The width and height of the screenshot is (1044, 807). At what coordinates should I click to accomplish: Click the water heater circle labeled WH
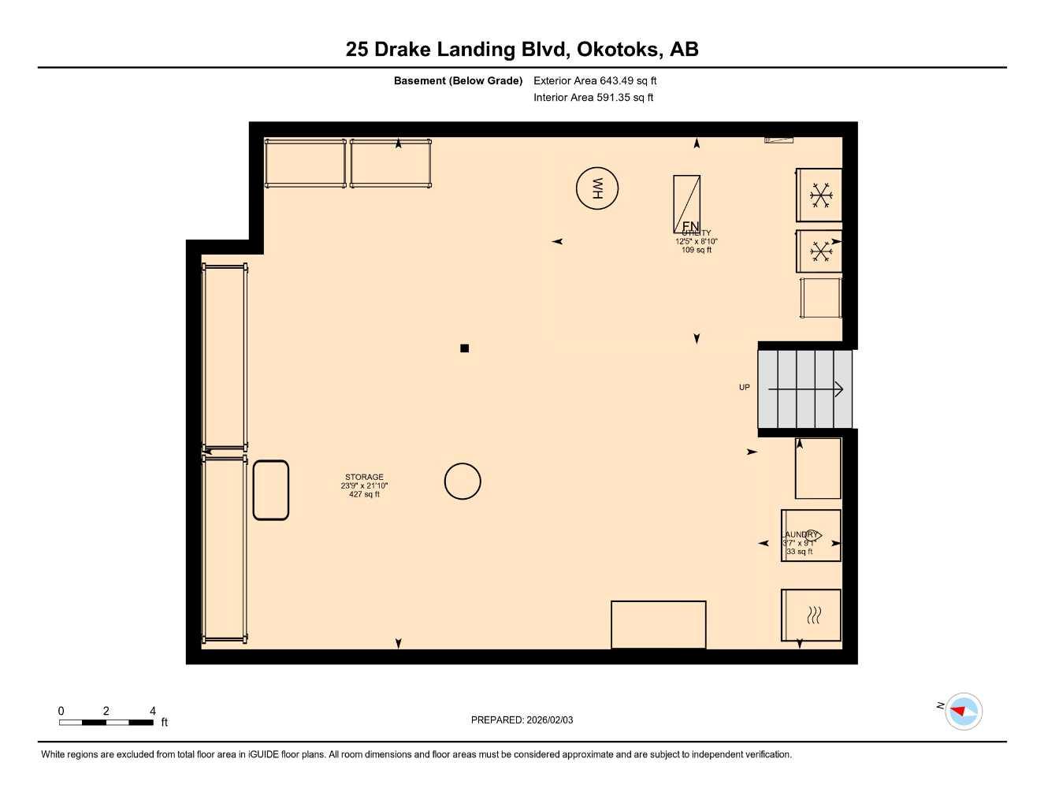click(x=596, y=188)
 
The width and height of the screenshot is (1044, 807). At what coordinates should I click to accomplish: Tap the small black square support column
click(x=464, y=348)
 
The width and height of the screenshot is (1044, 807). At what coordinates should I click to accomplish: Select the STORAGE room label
click(x=364, y=477)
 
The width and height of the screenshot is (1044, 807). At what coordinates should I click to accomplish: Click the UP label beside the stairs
click(x=744, y=387)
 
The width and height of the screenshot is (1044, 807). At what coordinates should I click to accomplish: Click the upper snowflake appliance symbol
click(x=821, y=195)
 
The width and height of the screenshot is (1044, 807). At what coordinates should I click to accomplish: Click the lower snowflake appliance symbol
click(x=821, y=251)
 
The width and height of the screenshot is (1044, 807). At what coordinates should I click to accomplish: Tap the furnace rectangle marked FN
click(x=686, y=203)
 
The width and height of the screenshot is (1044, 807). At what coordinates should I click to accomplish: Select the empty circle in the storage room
click(x=463, y=481)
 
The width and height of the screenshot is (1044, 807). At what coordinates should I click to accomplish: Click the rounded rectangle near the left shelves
click(x=271, y=490)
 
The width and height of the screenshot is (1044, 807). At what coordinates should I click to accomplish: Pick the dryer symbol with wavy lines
click(x=812, y=615)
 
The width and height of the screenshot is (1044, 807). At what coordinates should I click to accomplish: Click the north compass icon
click(x=963, y=711)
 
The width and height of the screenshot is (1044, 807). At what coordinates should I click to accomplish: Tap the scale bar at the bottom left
click(x=106, y=722)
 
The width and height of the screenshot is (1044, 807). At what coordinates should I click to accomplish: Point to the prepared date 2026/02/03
click(x=522, y=720)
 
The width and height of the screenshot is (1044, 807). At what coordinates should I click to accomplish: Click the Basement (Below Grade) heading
click(x=458, y=80)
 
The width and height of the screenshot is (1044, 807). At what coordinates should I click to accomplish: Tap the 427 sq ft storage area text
click(x=364, y=494)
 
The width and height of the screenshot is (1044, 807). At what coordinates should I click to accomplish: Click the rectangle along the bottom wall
click(x=658, y=624)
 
